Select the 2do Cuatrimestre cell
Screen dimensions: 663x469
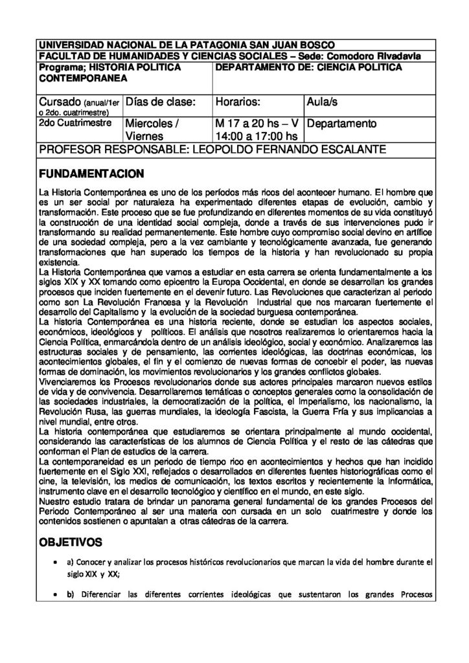73,122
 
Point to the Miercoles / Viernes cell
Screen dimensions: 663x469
153,129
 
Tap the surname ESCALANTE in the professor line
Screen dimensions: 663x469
349,150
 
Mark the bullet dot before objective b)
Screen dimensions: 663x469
59,594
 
